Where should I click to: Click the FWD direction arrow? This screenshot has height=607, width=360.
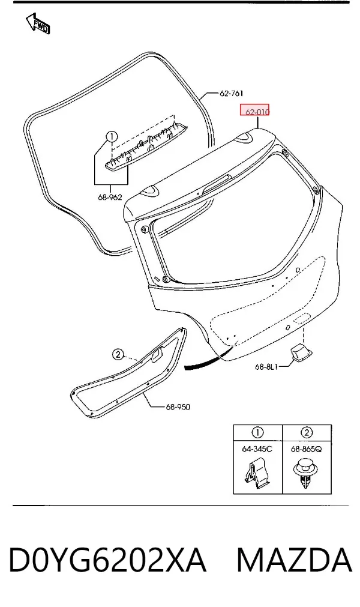coord(38,23)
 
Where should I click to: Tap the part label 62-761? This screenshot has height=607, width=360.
coord(231,93)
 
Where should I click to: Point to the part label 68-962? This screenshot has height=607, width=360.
coord(110,198)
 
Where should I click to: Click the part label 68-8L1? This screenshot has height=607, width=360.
coord(266,367)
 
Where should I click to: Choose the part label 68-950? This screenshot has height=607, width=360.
coord(178,407)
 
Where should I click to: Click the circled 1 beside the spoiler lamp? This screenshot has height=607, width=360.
coord(112,137)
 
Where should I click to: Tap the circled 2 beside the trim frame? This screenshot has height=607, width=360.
coord(118,354)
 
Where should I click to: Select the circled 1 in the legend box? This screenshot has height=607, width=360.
coord(257,432)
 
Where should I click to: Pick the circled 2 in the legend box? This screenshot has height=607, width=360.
coord(306,432)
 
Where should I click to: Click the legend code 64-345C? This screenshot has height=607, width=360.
coord(257,449)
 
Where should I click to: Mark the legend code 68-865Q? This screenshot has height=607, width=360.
coord(306,449)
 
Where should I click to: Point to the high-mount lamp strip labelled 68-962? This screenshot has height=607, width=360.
coord(147,145)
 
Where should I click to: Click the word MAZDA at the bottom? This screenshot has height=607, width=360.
coord(295,560)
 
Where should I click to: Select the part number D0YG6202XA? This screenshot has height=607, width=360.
coord(107,560)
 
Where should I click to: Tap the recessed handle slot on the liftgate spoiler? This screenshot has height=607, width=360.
coord(217,183)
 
